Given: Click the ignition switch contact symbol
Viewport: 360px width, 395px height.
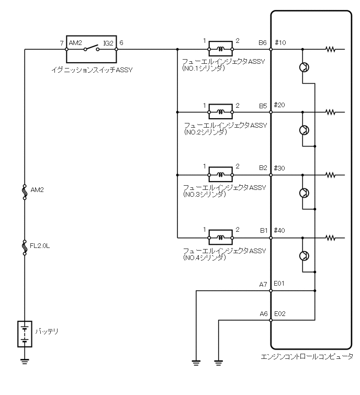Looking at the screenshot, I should tap(92, 50).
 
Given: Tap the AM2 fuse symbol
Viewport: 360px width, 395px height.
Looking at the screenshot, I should tap(25, 191).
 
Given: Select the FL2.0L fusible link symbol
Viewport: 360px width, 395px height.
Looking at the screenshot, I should tap(25, 247).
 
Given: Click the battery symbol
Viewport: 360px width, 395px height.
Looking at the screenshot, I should tap(25, 334).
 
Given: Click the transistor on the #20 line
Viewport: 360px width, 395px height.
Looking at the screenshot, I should tap(304, 130).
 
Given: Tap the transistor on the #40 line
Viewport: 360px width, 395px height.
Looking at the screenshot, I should tap(304, 255).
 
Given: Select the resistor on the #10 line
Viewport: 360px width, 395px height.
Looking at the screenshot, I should tap(330, 50).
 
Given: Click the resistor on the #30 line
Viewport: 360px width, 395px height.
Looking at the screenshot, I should tap(330, 175).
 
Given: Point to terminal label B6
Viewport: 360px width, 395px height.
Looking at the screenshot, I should tap(263, 42).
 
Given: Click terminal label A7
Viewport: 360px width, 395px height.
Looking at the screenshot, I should tap(263, 284).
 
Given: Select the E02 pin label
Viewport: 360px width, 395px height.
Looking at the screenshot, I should tap(280, 314).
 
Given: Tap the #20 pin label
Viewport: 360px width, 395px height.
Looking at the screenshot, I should tap(280, 105).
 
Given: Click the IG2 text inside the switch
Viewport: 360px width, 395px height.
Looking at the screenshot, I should tap(108, 43).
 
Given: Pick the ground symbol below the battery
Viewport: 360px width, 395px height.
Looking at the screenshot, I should tap(25, 360).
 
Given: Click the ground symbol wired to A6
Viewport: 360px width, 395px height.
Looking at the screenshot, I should tap(218, 361).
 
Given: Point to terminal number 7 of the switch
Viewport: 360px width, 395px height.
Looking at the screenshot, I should tap(62, 42).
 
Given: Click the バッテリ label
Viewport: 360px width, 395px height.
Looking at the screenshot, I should tap(47, 332).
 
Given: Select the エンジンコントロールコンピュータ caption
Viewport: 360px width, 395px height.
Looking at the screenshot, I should tap(307, 357).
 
